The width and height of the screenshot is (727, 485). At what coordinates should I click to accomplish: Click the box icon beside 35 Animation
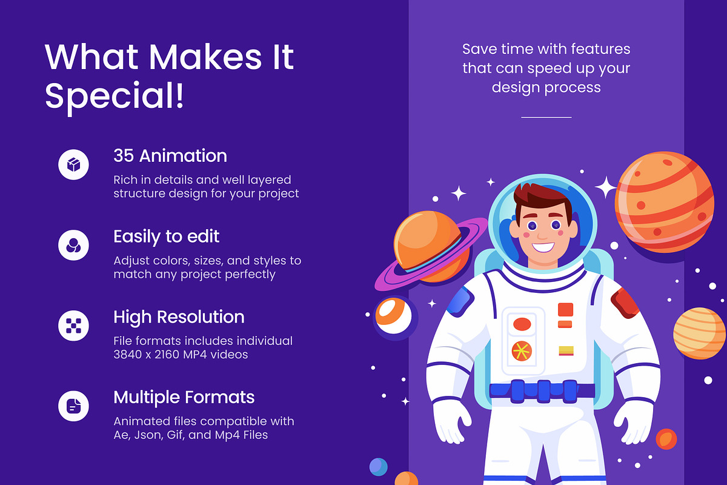click(x=73, y=165)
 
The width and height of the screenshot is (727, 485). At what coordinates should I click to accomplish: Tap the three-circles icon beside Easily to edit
click(x=73, y=246)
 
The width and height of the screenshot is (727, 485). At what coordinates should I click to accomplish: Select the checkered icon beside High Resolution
click(x=73, y=326)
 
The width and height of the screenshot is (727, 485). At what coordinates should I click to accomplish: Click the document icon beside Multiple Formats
click(x=73, y=406)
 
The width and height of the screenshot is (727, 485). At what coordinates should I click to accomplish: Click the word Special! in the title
click(x=115, y=96)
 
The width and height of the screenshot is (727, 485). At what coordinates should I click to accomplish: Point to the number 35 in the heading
click(x=124, y=156)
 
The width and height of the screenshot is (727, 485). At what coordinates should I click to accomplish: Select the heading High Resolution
click(x=179, y=317)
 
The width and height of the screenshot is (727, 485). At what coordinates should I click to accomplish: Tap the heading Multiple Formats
click(x=184, y=397)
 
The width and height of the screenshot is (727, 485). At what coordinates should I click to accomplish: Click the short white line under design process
click(x=546, y=117)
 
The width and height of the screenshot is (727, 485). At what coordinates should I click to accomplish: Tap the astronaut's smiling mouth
click(x=543, y=247)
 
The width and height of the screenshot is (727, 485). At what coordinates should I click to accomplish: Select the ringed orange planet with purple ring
click(x=430, y=250)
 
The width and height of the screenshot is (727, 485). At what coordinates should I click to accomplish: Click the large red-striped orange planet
click(x=665, y=202)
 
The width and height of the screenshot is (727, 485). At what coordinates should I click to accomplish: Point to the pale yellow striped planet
click(x=699, y=333)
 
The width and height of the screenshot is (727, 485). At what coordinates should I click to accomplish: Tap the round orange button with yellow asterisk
click(x=522, y=351)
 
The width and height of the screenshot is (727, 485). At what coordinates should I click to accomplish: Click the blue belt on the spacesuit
click(x=542, y=391)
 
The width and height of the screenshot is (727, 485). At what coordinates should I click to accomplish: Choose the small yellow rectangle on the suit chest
click(x=566, y=351)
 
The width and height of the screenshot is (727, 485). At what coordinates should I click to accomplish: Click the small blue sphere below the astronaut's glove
click(x=379, y=467)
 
